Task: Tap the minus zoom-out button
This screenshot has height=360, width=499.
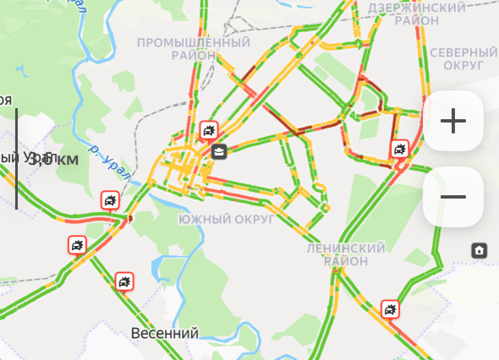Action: click(x=453, y=197)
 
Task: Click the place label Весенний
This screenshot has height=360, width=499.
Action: click(x=165, y=334)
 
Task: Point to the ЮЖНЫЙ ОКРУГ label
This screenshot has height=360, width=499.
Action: click(x=227, y=220)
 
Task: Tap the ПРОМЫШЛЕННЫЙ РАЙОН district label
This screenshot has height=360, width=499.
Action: click(x=194, y=49)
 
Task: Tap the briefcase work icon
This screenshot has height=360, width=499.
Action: click(x=219, y=152)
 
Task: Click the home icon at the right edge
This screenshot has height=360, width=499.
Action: click(x=479, y=250)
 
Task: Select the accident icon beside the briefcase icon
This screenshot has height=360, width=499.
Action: click(x=208, y=132)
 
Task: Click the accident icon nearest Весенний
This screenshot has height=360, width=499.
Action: click(x=123, y=281)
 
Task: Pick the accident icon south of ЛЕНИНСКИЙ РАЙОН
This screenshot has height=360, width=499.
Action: click(x=390, y=309)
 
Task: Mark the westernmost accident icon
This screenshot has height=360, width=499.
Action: click(x=78, y=246)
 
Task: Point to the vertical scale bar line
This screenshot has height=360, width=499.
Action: click(x=16, y=158)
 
